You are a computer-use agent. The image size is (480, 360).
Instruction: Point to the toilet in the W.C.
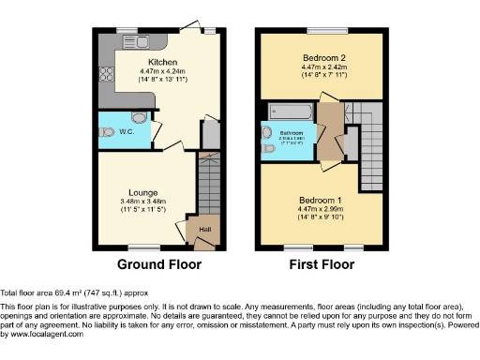[x=140, y=119]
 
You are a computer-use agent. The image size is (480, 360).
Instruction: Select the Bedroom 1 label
[x=322, y=202]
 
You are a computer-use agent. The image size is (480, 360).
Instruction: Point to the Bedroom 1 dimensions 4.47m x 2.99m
[x=322, y=211]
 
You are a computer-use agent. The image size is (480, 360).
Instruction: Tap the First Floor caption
[x=322, y=264]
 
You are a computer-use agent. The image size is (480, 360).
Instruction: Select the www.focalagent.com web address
[x=42, y=334]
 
